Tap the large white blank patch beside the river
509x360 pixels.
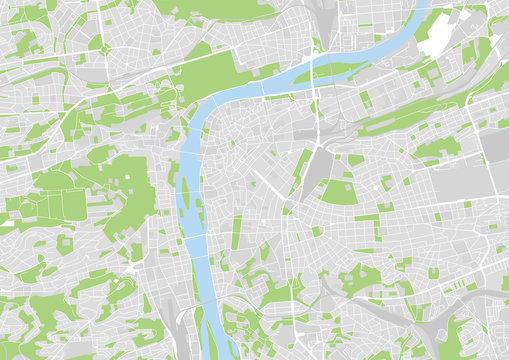435,39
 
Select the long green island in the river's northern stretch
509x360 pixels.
340,69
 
